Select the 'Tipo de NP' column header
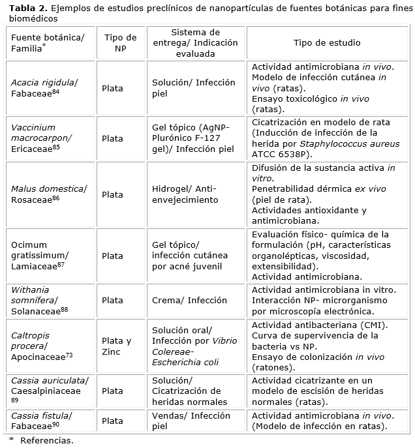pos(120,43)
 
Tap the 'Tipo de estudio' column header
pos(327,43)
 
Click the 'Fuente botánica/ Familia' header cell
pos(48,43)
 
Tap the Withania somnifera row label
pos(39,300)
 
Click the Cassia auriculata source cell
pos(50,390)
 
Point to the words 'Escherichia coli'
pos(185,362)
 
